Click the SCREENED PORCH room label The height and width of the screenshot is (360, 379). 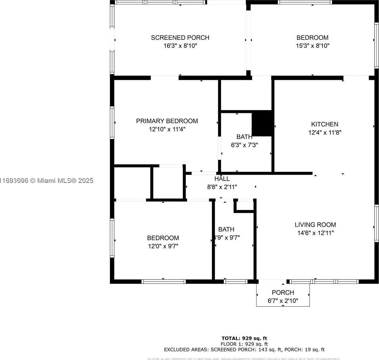tap(180, 38)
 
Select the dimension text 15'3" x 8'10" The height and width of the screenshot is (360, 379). tap(312, 46)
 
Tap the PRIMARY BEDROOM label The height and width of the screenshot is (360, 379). tap(167, 121)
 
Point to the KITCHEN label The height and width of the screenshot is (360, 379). tap(324, 124)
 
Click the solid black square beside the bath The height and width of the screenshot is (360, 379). tap(262, 123)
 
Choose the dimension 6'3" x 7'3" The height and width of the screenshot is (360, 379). tap(244, 145)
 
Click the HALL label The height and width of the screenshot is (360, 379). tap(222, 179)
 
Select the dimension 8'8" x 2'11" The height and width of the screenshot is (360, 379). tap(222, 187)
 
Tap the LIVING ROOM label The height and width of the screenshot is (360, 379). tap(315, 225)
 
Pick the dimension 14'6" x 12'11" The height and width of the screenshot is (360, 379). tap(315, 233)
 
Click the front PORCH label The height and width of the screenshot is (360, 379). tap(283, 293)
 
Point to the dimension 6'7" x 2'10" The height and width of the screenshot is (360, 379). tap(283, 301)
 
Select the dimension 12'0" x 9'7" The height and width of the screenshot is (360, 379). tap(163, 246)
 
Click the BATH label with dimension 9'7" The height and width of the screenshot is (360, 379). tap(226, 230)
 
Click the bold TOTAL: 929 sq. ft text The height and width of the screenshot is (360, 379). tap(244, 339)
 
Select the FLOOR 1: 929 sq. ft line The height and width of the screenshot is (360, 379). tap(244, 344)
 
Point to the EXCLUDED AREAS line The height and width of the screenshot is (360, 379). tap(244, 350)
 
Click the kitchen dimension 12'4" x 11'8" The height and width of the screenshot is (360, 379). tap(325, 133)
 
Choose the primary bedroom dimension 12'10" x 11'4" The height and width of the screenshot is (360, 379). tap(167, 129)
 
